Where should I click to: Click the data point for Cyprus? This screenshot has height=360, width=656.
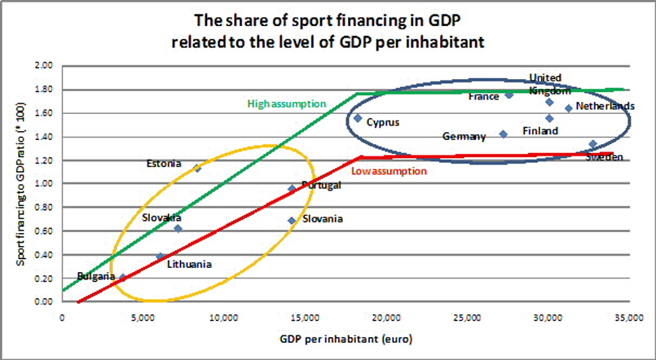pos(357,118)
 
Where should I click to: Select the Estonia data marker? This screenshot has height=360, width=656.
pos(197,168)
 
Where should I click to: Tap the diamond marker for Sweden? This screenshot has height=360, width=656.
pos(592,144)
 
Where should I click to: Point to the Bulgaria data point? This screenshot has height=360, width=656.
pos(123,278)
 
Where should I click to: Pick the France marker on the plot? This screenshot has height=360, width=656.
pos(509,94)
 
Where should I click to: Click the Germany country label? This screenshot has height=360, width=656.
pos(464,137)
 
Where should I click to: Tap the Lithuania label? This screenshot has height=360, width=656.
pos(189,264)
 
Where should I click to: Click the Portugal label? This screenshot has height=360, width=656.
pos(321,185)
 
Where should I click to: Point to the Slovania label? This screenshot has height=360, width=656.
pos(323,219)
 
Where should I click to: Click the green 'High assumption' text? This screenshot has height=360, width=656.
pos(286,104)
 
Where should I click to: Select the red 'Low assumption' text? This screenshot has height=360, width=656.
pos(389,171)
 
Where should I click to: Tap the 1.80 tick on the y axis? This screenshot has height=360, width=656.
pos(42,90)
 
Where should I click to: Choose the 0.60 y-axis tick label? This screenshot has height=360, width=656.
pos(42,231)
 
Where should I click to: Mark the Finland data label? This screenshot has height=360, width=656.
pos(540,130)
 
